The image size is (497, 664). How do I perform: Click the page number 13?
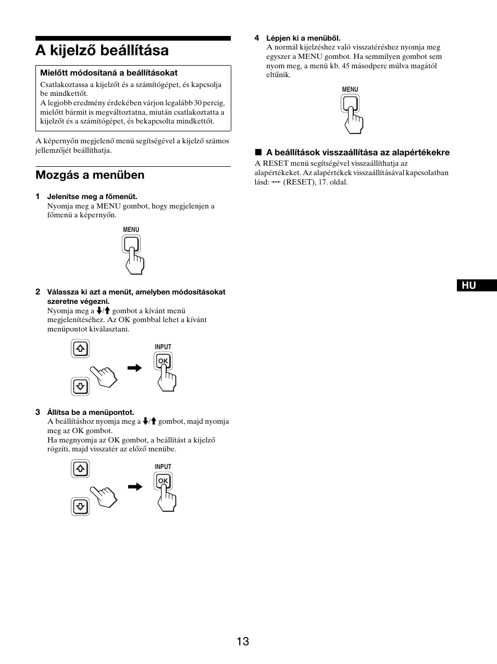pyautogui.click(x=243, y=641)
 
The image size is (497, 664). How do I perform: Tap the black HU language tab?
pyautogui.click(x=477, y=285)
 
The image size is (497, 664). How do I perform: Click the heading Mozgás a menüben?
pyautogui.click(x=90, y=175)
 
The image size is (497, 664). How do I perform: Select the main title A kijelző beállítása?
pyautogui.click(x=102, y=51)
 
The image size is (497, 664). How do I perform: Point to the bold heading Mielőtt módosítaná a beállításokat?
pyautogui.click(x=109, y=73)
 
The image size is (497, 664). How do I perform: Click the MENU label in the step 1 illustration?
pyautogui.click(x=131, y=229)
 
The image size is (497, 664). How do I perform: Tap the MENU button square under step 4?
pyautogui.click(x=350, y=104)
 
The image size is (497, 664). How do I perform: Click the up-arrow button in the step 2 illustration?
pyautogui.click(x=80, y=349)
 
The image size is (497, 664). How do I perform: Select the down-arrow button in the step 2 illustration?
pyautogui.click(x=80, y=386)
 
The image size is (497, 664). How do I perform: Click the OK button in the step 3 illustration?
pyautogui.click(x=163, y=481)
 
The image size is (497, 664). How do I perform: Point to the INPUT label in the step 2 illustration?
pyautogui.click(x=163, y=347)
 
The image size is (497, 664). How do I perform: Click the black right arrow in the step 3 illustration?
pyautogui.click(x=135, y=487)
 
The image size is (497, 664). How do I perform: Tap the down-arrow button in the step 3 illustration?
pyautogui.click(x=80, y=506)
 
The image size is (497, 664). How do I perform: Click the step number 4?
pyautogui.click(x=257, y=38)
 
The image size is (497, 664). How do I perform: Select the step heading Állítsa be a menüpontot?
pyautogui.click(x=91, y=412)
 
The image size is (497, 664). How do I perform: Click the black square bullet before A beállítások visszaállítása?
pyautogui.click(x=257, y=153)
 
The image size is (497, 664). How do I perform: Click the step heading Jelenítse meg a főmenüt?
pyautogui.click(x=92, y=196)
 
